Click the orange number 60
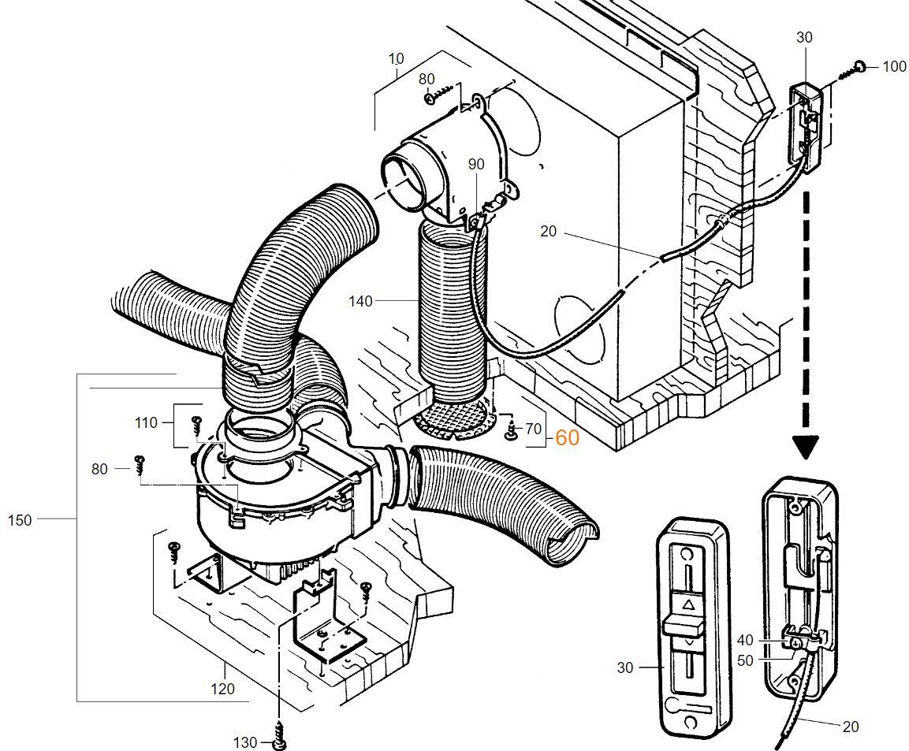pos(568,437)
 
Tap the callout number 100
pos(894,66)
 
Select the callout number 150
pos(20,519)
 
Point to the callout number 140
pos(360,300)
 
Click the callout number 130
pos(245,742)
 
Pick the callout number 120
pos(222,689)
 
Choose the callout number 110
pos(146,422)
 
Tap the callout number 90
pos(476,164)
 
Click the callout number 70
pos(534,429)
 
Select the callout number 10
pos(396,58)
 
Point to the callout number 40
pos(745,640)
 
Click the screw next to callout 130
pos(278,738)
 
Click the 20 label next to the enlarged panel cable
pos(850,727)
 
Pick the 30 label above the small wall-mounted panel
pos(804,37)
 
